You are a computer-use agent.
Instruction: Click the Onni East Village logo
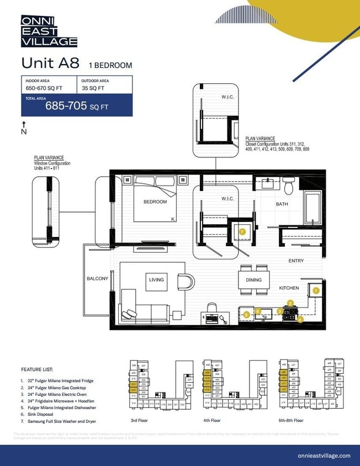point(49,31)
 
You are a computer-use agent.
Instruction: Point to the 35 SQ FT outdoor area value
point(93,88)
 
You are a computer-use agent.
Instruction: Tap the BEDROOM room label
point(155,202)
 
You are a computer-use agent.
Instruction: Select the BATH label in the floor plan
point(282,204)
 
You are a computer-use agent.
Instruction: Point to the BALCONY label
point(97,279)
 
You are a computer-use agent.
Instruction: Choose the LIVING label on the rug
point(156,280)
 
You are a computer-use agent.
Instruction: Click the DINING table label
point(254,280)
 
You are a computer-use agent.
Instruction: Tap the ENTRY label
point(296,261)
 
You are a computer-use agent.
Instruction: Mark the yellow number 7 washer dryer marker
point(242,232)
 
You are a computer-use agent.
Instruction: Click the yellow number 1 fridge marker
point(316,290)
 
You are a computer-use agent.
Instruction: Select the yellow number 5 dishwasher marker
point(246,315)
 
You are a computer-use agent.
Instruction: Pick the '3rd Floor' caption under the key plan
point(139,420)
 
